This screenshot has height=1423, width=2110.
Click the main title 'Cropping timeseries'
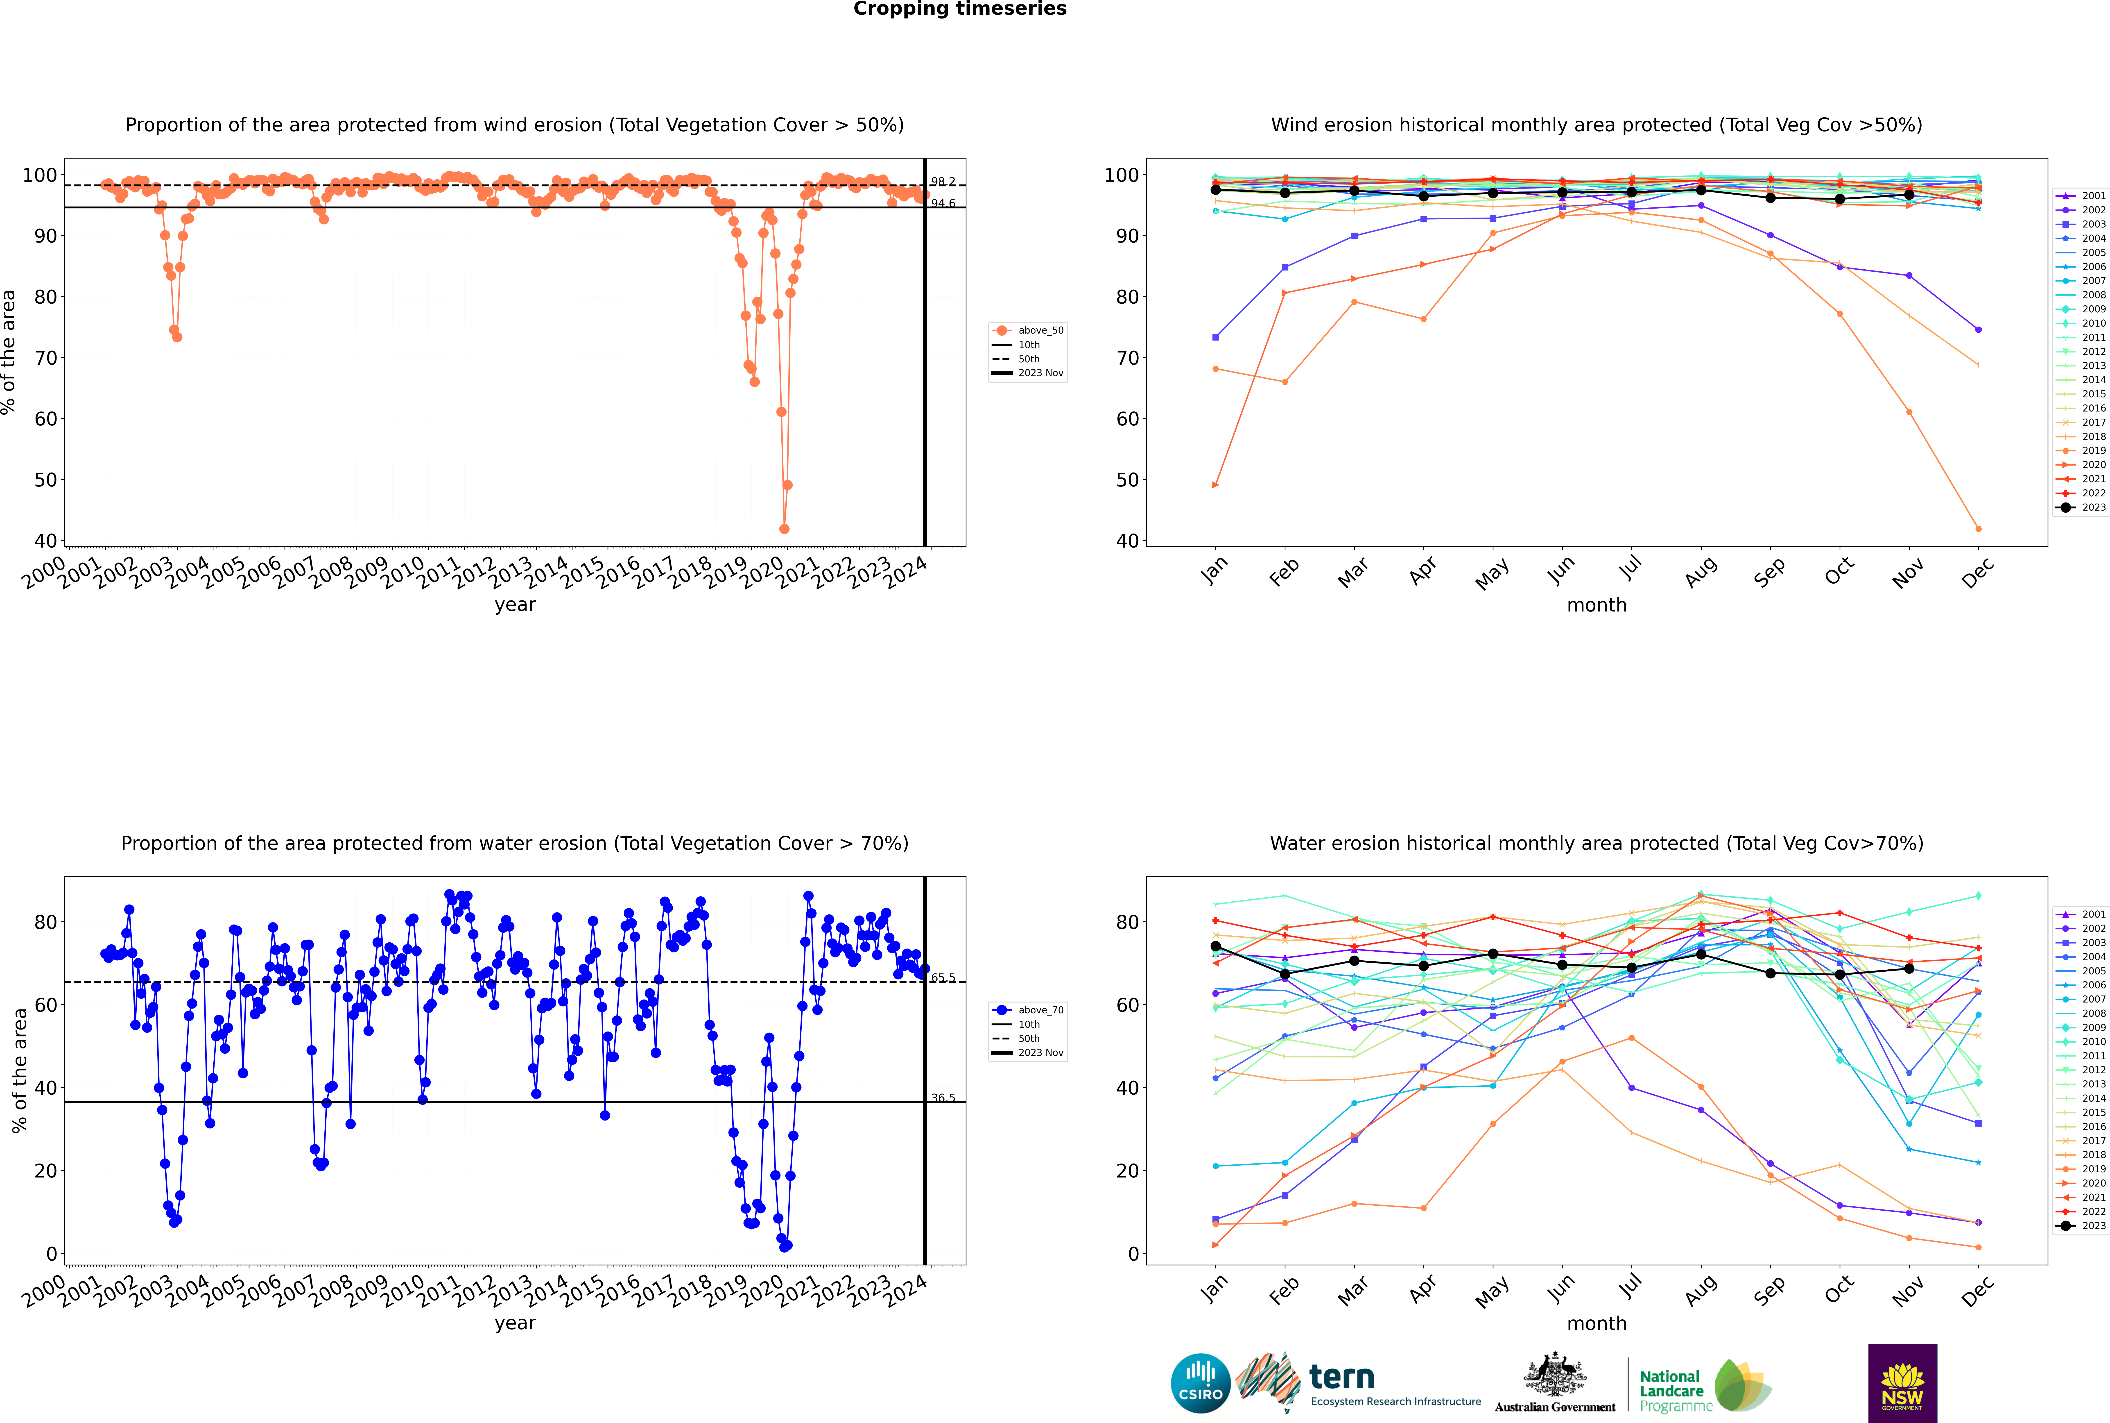pos(960,9)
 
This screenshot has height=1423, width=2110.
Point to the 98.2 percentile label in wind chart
pos(943,182)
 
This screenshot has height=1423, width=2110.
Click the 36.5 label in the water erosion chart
pos(943,1098)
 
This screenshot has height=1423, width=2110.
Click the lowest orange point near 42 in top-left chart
pos(784,529)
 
